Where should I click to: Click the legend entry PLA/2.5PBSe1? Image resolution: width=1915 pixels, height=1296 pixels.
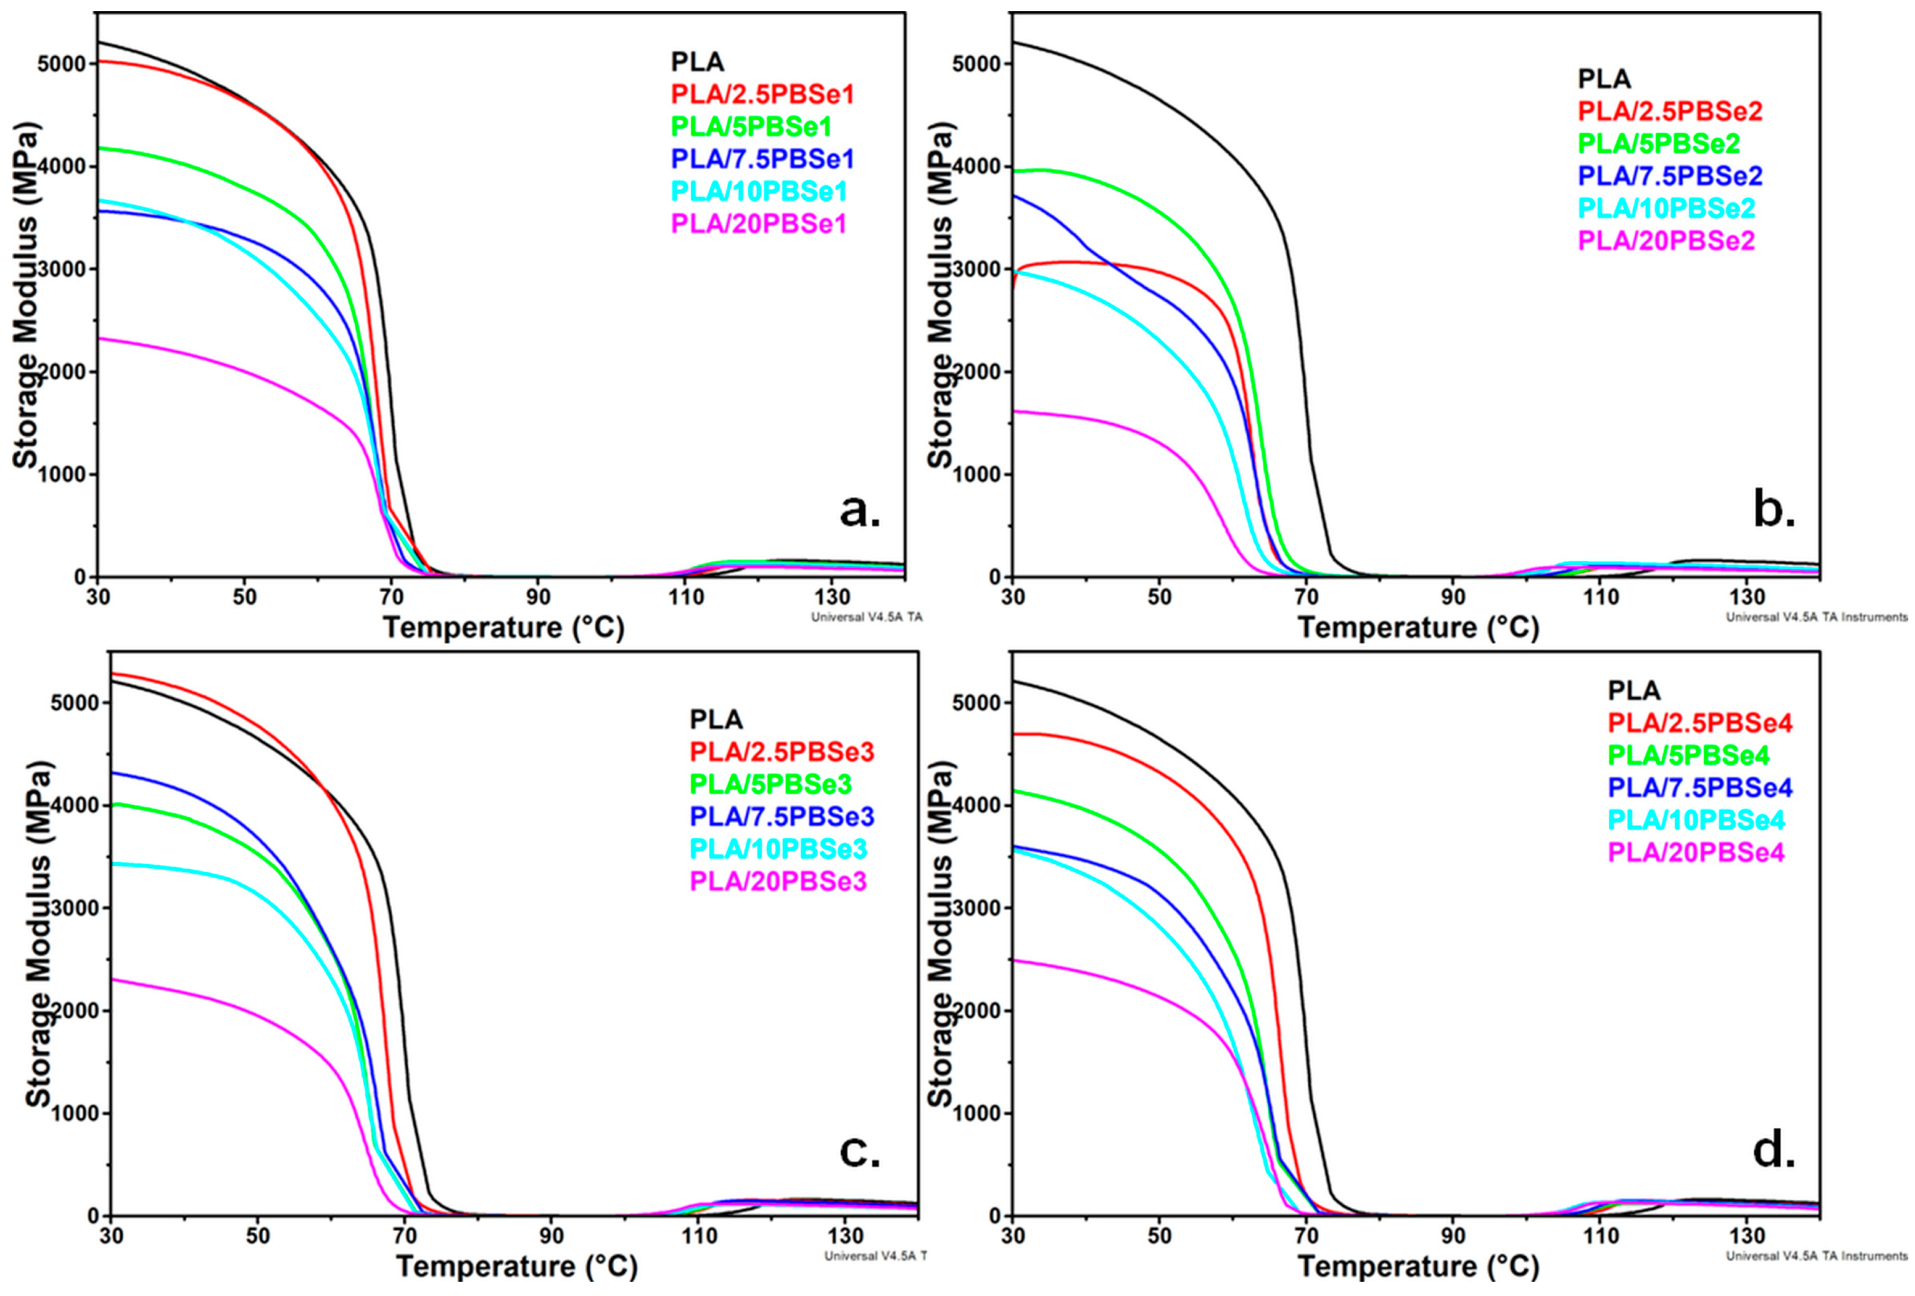[x=762, y=94]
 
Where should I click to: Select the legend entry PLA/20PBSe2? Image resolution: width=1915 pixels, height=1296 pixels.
[x=1666, y=241]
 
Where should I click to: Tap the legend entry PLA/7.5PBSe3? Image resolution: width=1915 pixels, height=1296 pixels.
[x=781, y=815]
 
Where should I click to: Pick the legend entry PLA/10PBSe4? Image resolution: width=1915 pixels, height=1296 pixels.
[x=1696, y=820]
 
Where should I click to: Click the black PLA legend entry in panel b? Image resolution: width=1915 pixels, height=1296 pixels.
[x=1604, y=79]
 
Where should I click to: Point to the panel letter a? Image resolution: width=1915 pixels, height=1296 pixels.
[x=860, y=511]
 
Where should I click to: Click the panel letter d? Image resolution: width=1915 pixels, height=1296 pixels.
[x=1774, y=1150]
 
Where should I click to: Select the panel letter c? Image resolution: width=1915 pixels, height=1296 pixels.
[x=860, y=1150]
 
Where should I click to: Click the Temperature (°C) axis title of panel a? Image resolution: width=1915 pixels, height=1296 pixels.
[x=503, y=628]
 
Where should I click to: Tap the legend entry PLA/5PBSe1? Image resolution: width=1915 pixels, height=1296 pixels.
[x=751, y=126]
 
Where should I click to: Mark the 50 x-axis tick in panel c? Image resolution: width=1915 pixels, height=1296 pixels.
[x=257, y=1236]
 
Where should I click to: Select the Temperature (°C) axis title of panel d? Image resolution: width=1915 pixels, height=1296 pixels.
[x=1418, y=1266]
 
